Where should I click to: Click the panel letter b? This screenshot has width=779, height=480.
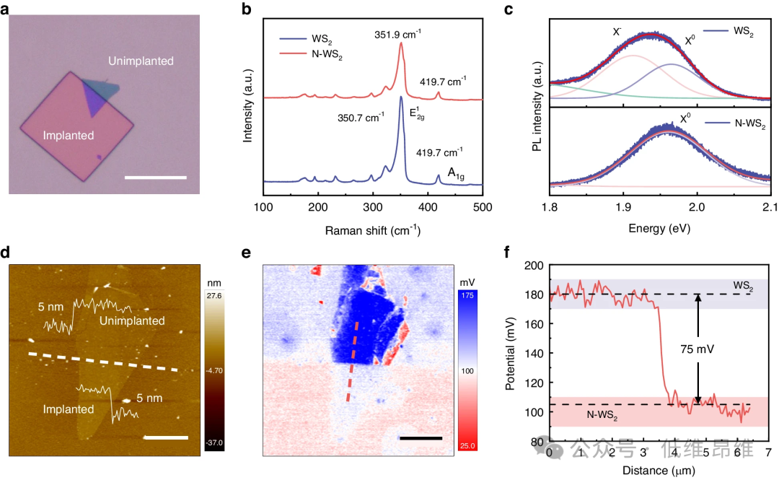[247, 10]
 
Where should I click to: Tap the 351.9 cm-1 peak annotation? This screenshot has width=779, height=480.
[397, 33]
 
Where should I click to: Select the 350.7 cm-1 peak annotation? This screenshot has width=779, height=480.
[361, 116]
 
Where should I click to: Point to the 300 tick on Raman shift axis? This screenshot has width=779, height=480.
[373, 208]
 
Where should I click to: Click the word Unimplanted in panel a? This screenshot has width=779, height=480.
[141, 61]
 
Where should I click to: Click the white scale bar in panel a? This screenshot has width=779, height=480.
[155, 177]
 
